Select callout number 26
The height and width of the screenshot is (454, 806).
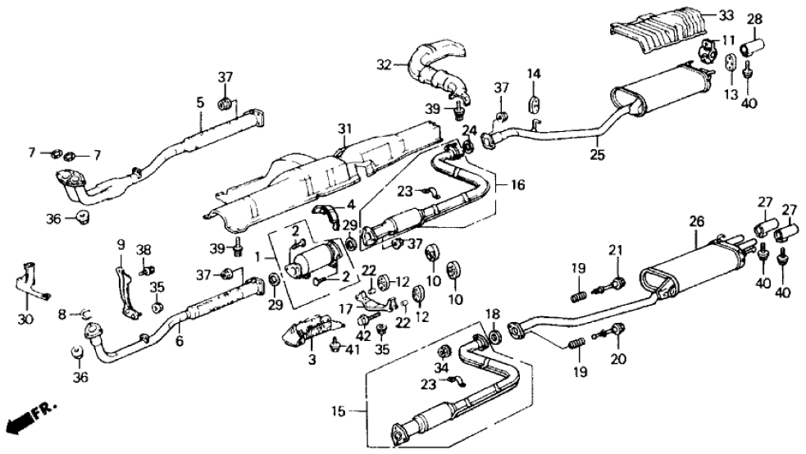(696, 220)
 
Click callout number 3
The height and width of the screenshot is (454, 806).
(311, 360)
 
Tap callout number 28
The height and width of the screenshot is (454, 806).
(754, 18)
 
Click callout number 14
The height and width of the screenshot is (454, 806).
(534, 75)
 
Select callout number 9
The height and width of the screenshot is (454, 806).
(120, 244)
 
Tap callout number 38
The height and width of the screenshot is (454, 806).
(144, 251)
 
